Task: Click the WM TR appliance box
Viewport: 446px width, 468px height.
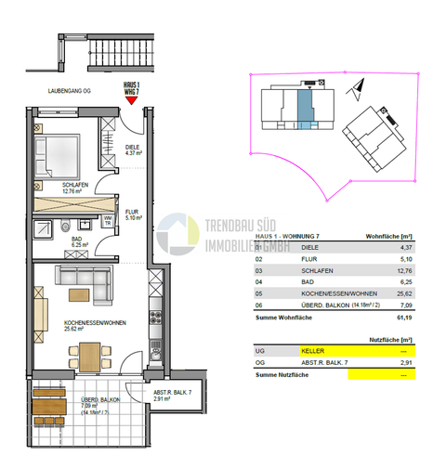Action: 108,221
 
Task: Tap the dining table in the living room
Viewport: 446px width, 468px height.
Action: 88,355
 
